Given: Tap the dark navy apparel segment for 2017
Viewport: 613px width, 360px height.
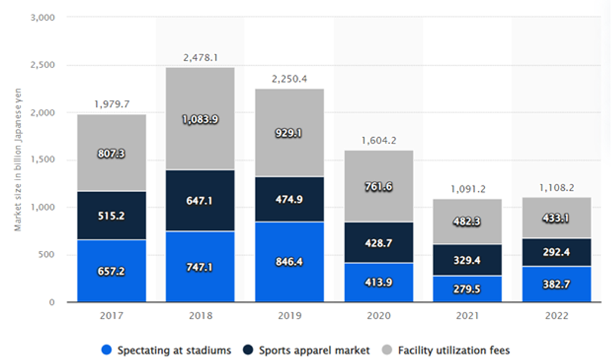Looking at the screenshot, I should pos(111,215).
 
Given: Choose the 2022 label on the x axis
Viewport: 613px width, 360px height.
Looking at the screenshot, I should pos(555,316).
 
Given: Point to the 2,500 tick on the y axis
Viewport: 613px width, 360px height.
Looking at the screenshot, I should pos(43,65).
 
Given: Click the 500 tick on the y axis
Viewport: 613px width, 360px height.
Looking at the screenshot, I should pos(48,255).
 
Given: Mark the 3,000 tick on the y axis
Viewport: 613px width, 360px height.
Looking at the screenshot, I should pos(43,18).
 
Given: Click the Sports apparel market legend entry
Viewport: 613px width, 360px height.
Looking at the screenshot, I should pos(313,350).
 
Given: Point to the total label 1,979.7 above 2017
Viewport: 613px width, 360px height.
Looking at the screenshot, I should pos(111,104).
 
